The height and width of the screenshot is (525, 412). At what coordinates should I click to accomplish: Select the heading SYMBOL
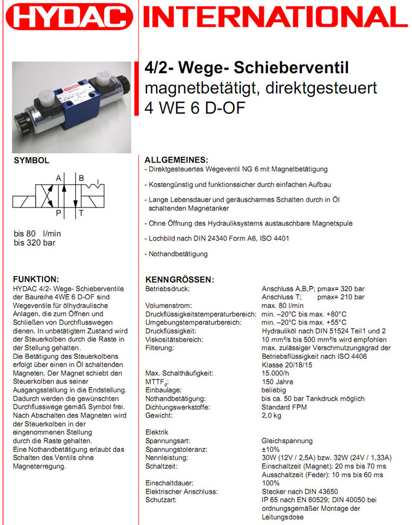(32, 160)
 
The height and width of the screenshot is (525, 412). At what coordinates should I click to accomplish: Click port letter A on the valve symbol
(59, 178)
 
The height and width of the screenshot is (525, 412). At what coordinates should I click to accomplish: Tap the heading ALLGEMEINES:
(176, 160)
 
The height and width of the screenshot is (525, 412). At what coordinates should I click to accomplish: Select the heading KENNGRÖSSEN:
(180, 279)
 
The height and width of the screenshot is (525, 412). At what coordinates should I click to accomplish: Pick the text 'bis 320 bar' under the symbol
(35, 242)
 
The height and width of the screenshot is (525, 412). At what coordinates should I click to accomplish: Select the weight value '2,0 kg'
(273, 415)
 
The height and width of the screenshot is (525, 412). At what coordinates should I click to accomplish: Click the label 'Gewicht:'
(160, 415)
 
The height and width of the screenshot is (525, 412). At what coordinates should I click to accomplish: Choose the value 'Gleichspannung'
(287, 441)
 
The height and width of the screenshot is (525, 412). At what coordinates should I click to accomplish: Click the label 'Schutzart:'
(162, 500)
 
